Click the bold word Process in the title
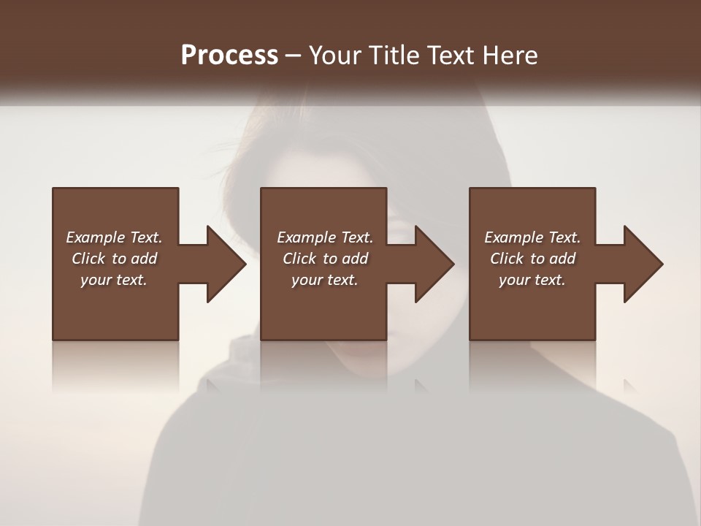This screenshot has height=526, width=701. click(229, 56)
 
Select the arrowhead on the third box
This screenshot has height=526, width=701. click(643, 264)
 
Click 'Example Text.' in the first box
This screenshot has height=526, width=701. click(114, 237)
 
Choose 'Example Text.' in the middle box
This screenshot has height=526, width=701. click(325, 237)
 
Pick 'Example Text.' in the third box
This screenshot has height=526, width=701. click(532, 237)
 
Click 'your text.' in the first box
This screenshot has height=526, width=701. click(114, 280)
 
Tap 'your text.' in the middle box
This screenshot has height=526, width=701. click(325, 280)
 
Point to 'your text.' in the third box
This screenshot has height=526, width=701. click(532, 280)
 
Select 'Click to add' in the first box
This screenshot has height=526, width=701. click(114, 259)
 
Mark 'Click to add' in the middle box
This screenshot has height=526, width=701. click(325, 259)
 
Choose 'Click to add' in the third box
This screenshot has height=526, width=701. click(532, 259)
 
